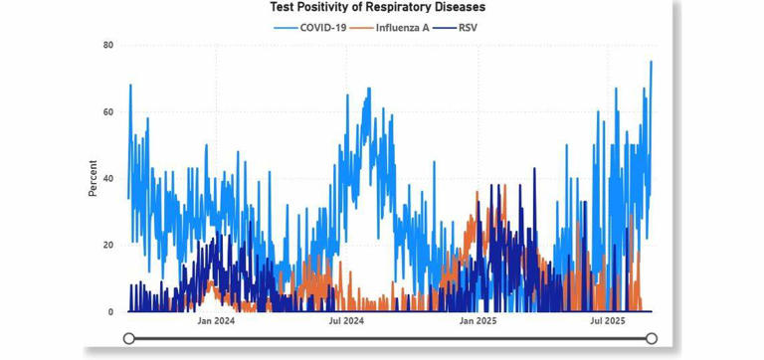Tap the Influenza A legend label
coord(403,27)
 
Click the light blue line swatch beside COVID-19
coord(286,27)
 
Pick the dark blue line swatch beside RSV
coord(444,27)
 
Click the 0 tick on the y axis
coord(109,312)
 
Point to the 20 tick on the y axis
coord(107,246)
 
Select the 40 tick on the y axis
coord(107,179)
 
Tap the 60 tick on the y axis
coord(107,112)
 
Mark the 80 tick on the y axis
coord(107,46)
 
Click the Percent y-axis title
coord(93,179)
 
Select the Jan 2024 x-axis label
coord(217,321)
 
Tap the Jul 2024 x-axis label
coord(345,321)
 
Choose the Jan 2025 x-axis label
coord(477,321)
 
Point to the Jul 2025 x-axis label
coord(607,321)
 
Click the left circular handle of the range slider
coord(129,339)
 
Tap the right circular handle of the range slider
coord(652,339)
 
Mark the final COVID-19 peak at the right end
coord(651,63)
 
